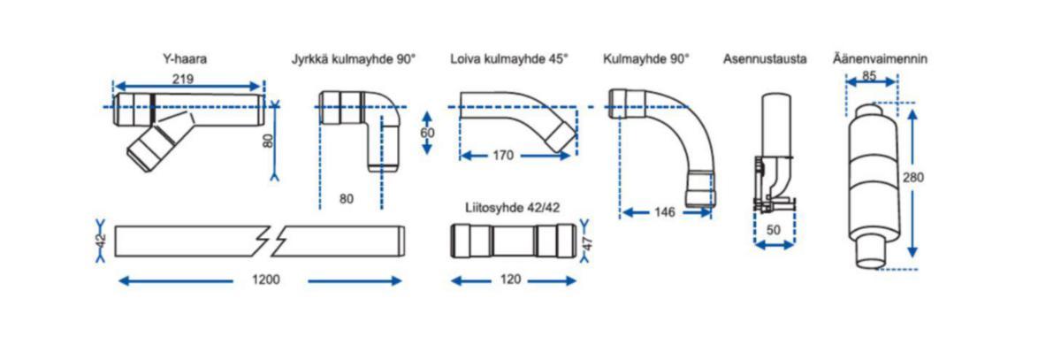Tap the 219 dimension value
click(183, 79)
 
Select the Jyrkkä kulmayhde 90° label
click(354, 60)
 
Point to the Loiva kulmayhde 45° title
click(508, 60)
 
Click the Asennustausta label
click(765, 60)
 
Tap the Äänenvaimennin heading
click(880, 60)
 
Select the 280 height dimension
click(914, 177)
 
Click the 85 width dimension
click(869, 77)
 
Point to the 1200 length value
click(265, 280)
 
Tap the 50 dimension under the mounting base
click(775, 230)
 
